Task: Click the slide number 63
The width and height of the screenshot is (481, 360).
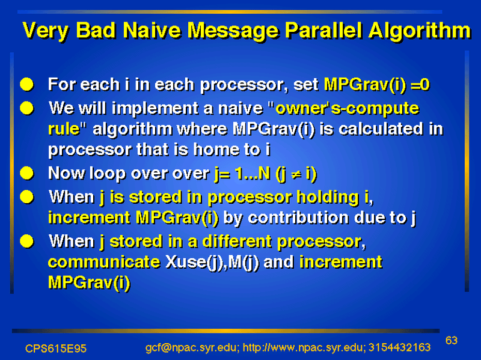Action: pos(452,340)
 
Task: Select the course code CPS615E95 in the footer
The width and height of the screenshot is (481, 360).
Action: pos(56,349)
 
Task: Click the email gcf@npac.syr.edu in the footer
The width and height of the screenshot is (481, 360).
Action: pos(192,348)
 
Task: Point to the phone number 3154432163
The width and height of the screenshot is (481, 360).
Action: pos(399,347)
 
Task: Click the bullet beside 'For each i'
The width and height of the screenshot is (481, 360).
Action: pos(27,84)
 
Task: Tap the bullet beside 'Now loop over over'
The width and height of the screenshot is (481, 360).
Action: pos(27,173)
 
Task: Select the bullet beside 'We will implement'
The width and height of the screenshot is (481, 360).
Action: pos(27,108)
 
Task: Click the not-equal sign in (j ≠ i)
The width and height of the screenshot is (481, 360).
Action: pos(296,174)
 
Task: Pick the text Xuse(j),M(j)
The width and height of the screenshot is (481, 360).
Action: pos(212,263)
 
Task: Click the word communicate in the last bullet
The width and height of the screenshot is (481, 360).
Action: pos(104,262)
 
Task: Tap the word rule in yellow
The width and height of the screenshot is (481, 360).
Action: pos(64,129)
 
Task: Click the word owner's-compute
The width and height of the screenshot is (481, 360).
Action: pos(347,109)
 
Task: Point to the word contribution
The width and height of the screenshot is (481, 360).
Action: pos(298,218)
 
